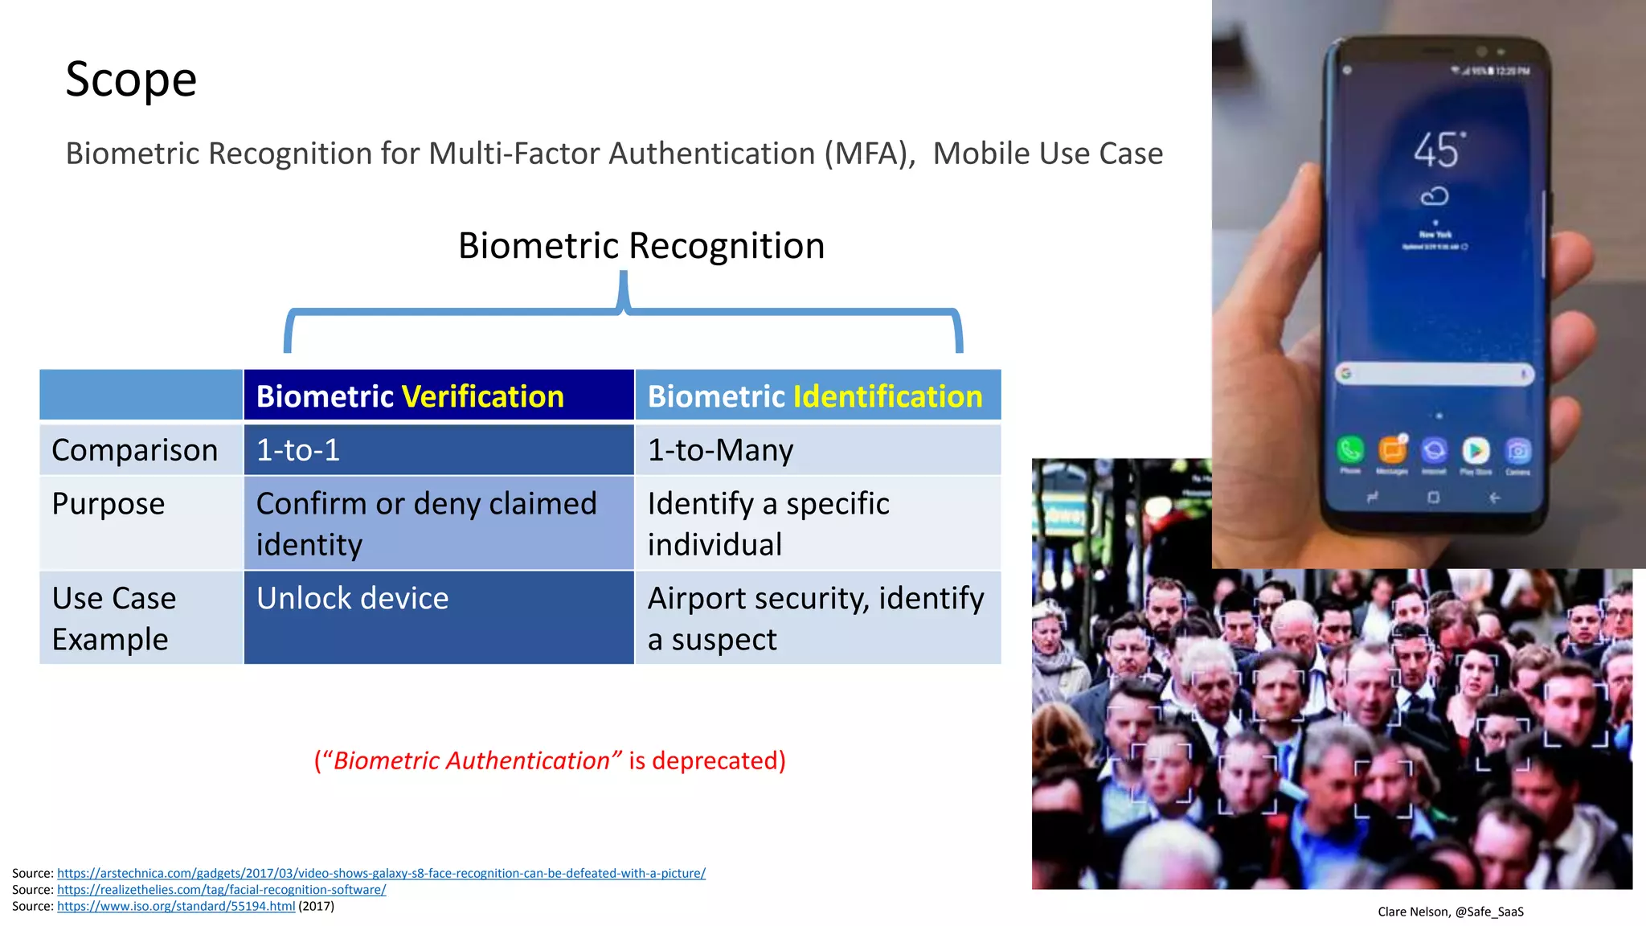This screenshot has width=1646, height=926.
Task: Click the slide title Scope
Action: pyautogui.click(x=131, y=80)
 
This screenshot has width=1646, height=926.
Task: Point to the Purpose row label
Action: pyautogui.click(x=109, y=504)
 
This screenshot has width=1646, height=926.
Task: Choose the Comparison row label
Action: pyautogui.click(x=135, y=450)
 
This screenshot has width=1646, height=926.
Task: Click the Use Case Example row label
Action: pyautogui.click(x=114, y=618)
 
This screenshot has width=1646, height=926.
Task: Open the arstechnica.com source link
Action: pyautogui.click(x=381, y=873)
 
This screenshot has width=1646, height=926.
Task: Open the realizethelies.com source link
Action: pyautogui.click(x=221, y=890)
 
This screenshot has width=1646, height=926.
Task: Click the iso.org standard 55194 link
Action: pyautogui.click(x=176, y=907)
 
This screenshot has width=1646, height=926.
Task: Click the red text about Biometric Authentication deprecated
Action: pyautogui.click(x=550, y=760)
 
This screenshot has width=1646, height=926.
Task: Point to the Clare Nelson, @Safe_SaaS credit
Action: pyautogui.click(x=1450, y=912)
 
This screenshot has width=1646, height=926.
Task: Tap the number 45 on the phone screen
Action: pyautogui.click(x=1437, y=150)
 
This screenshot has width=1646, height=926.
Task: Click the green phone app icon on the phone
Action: pyautogui.click(x=1350, y=450)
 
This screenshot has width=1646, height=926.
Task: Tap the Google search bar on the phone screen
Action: pyautogui.click(x=1435, y=374)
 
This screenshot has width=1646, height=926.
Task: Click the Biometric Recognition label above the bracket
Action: pyautogui.click(x=641, y=246)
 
